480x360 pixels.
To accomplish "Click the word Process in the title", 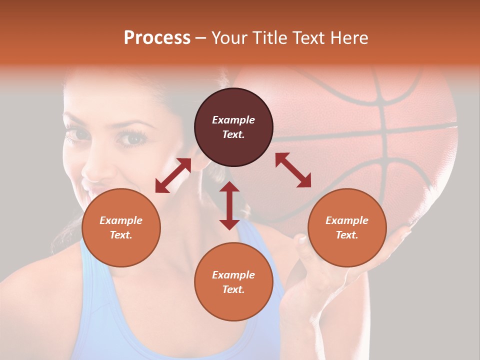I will [157, 38].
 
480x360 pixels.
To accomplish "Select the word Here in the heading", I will [348, 38].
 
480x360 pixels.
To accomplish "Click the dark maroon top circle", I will [233, 127].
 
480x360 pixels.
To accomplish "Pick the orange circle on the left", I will [121, 227].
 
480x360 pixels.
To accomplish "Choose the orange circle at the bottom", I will [233, 282].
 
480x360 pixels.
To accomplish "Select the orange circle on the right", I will [347, 227].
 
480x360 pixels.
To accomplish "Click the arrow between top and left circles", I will [173, 175].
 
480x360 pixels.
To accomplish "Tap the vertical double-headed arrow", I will [229, 205].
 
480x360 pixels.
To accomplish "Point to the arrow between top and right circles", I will [293, 170].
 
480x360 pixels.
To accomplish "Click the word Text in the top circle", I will [233, 135].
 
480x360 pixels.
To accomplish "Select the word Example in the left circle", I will [121, 220].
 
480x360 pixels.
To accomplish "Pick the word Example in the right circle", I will [347, 220].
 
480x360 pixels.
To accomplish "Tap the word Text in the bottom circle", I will [233, 289].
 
